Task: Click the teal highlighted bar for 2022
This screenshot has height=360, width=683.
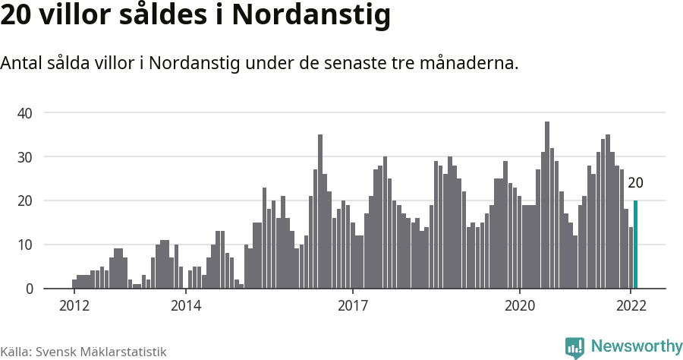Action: pyautogui.click(x=635, y=245)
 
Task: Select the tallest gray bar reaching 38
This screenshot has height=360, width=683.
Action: pyautogui.click(x=547, y=205)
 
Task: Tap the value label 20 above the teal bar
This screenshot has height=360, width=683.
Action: pyautogui.click(x=635, y=183)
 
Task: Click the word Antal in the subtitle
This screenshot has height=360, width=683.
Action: pyautogui.click(x=21, y=63)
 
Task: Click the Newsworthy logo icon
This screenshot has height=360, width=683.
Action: pyautogui.click(x=574, y=348)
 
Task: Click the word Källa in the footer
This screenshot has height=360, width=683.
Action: pyautogui.click(x=15, y=352)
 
